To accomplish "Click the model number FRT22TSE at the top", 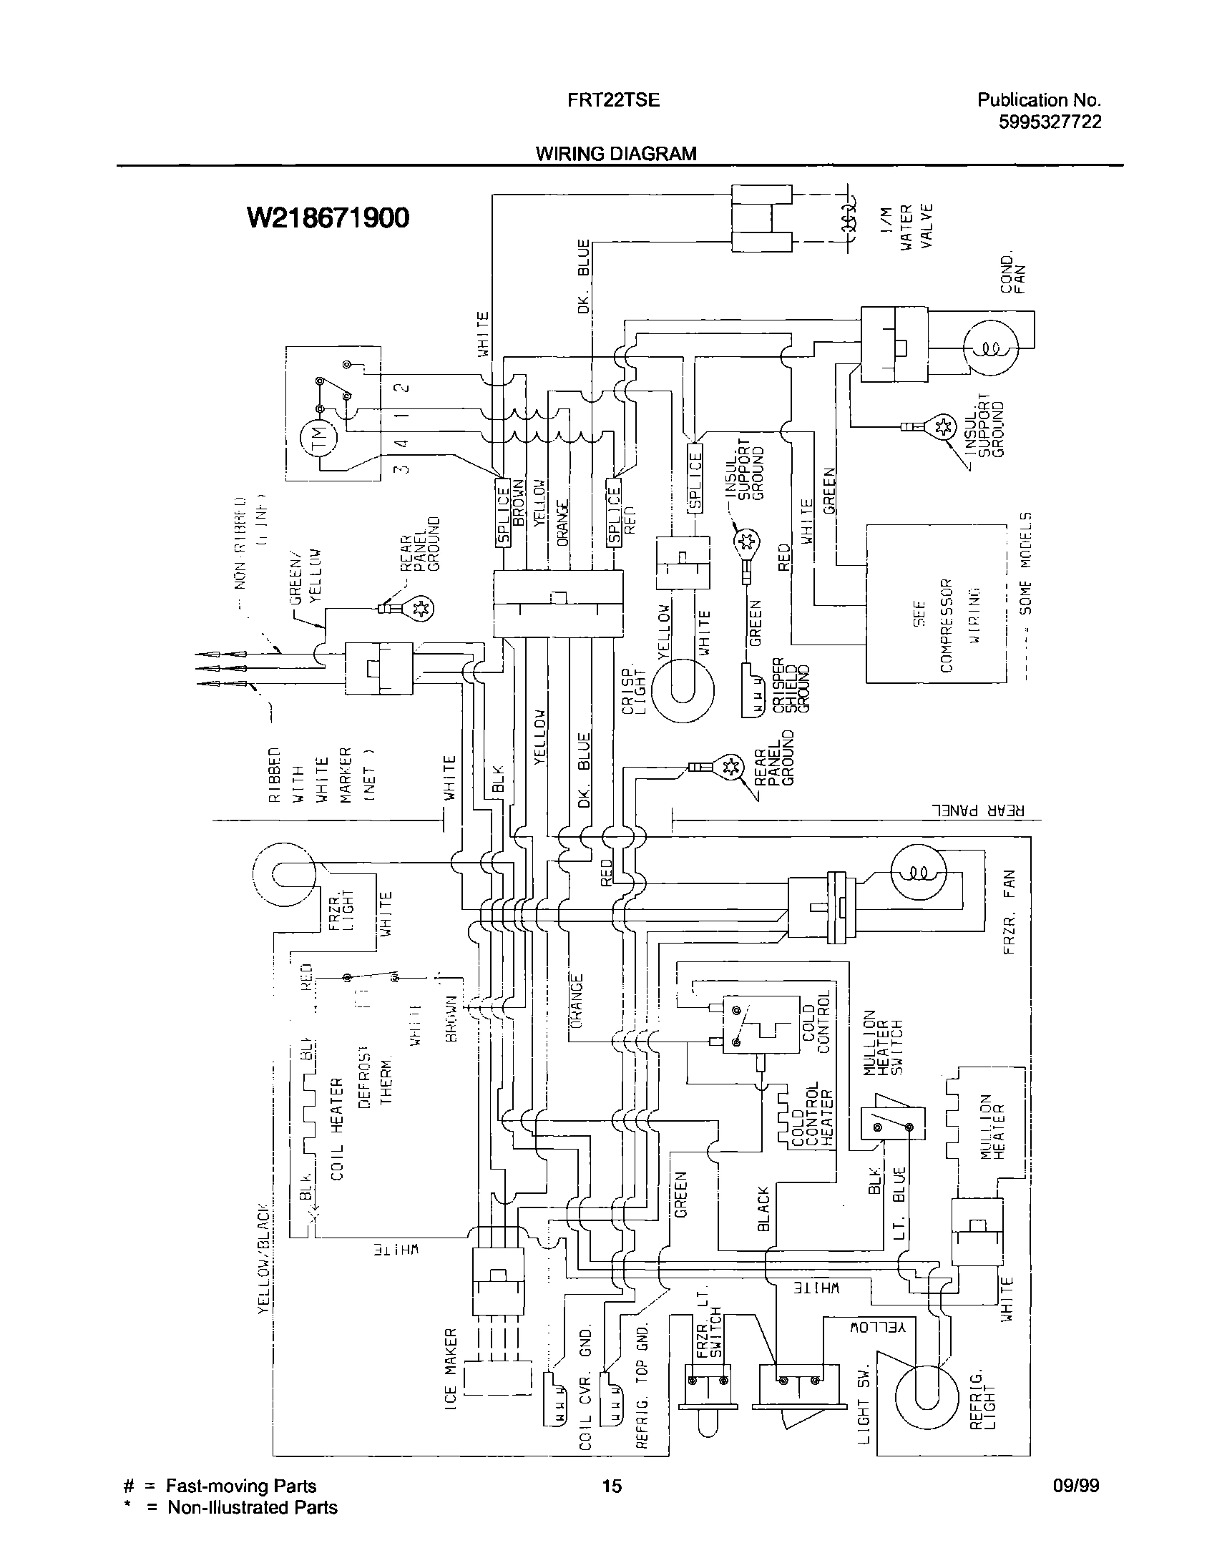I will tap(613, 100).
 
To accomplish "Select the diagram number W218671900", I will tap(328, 217).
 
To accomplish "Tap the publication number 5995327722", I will tap(1050, 122).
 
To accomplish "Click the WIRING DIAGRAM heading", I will tap(616, 154).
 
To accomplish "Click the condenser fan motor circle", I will tap(990, 348).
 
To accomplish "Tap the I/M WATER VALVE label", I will tap(907, 226).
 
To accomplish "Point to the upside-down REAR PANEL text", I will tap(977, 811).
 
